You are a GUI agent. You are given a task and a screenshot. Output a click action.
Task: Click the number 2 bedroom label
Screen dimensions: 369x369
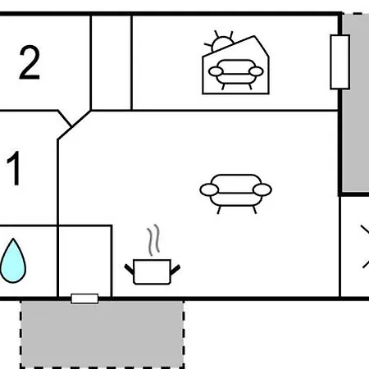click(x=30, y=62)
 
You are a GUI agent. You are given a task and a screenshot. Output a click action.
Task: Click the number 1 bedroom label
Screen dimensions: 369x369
click(x=14, y=168)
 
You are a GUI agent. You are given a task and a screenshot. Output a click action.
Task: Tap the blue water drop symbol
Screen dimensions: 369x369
click(x=13, y=261)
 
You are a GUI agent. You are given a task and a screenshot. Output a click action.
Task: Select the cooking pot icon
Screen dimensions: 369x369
click(x=152, y=271)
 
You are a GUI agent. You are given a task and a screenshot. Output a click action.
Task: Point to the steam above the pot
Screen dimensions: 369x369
click(x=153, y=239)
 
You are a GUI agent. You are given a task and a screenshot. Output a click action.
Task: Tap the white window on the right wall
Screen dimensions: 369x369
click(x=339, y=62)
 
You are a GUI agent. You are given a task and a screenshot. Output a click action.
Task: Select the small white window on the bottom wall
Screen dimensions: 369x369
click(x=84, y=298)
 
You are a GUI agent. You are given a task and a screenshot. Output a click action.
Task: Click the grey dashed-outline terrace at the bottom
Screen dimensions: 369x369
click(x=102, y=334)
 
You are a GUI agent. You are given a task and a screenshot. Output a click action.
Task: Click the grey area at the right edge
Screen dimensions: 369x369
click(x=355, y=103)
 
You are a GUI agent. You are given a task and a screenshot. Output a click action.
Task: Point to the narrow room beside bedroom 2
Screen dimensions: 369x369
click(x=111, y=63)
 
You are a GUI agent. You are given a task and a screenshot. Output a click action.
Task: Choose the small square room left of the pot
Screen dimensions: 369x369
click(x=84, y=261)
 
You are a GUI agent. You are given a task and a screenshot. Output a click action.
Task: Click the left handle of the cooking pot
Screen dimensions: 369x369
click(x=129, y=269)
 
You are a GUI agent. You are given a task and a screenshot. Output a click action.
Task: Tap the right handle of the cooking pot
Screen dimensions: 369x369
click(x=175, y=269)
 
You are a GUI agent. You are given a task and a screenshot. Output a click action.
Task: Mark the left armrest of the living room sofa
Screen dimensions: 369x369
click(x=209, y=190)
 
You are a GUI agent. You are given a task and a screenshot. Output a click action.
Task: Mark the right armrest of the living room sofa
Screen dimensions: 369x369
click(x=262, y=190)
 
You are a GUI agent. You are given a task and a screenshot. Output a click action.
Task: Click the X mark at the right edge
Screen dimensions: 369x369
click(x=365, y=247)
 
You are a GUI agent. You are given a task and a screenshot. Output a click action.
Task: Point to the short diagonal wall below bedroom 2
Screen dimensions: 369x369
click(x=65, y=118)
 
